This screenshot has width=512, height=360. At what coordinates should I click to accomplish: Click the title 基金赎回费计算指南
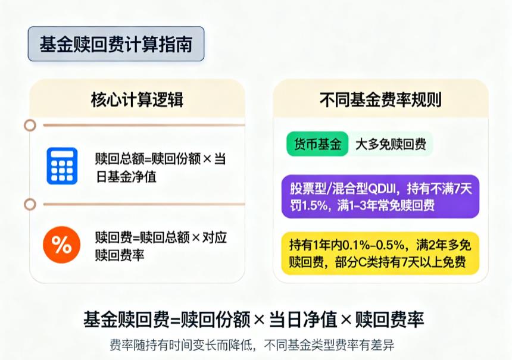(x=116, y=44)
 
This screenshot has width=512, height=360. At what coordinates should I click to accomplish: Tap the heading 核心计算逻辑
(x=137, y=99)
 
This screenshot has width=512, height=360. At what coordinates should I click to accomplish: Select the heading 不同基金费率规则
(x=380, y=99)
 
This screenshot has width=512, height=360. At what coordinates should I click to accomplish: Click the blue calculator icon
(x=62, y=166)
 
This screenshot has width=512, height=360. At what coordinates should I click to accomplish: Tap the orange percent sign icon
(x=62, y=245)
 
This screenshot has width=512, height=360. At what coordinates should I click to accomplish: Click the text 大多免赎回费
(x=391, y=144)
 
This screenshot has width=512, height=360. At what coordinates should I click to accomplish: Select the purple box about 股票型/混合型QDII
(x=380, y=198)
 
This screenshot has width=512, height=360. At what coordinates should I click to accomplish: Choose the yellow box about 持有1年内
(x=380, y=253)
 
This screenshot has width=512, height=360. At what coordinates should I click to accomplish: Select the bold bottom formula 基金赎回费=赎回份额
(x=254, y=319)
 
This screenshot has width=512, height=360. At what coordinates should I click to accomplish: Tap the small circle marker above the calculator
(x=30, y=125)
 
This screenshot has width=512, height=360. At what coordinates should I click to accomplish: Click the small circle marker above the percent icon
(x=30, y=204)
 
